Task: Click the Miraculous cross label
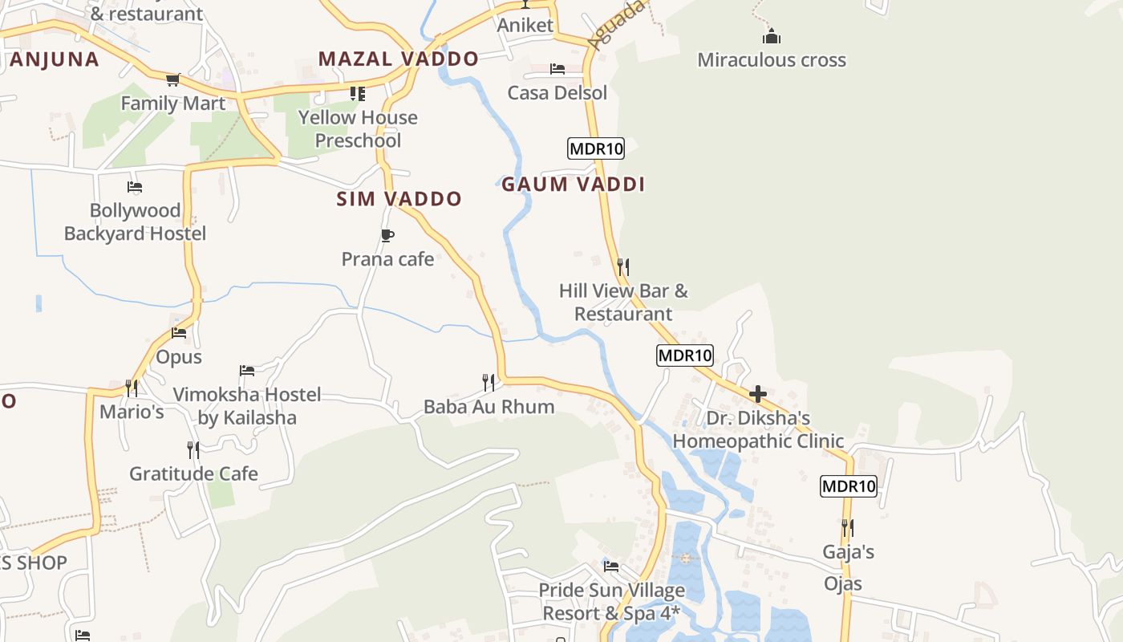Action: tap(771, 60)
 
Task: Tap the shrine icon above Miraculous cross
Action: tap(772, 36)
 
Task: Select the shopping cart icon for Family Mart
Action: tap(172, 79)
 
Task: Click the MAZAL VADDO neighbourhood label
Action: tap(398, 59)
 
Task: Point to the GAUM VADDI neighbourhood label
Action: tap(573, 185)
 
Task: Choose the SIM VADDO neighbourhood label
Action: tap(399, 199)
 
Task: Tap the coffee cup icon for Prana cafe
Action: tap(387, 235)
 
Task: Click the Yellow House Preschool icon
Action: tap(358, 94)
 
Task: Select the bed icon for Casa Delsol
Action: tap(557, 69)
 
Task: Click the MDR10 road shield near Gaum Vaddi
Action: tap(595, 148)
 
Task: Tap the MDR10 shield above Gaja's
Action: tap(848, 486)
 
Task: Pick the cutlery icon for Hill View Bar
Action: tap(622, 266)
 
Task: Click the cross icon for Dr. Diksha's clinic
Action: tap(757, 394)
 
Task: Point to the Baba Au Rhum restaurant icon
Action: tap(488, 382)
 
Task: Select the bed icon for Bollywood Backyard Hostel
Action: tap(135, 187)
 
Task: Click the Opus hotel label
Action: tap(179, 357)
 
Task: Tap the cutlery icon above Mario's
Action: tap(132, 388)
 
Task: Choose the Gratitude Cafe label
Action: tap(193, 473)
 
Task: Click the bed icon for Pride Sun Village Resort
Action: tap(611, 566)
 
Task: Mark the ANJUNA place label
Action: tap(55, 59)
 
